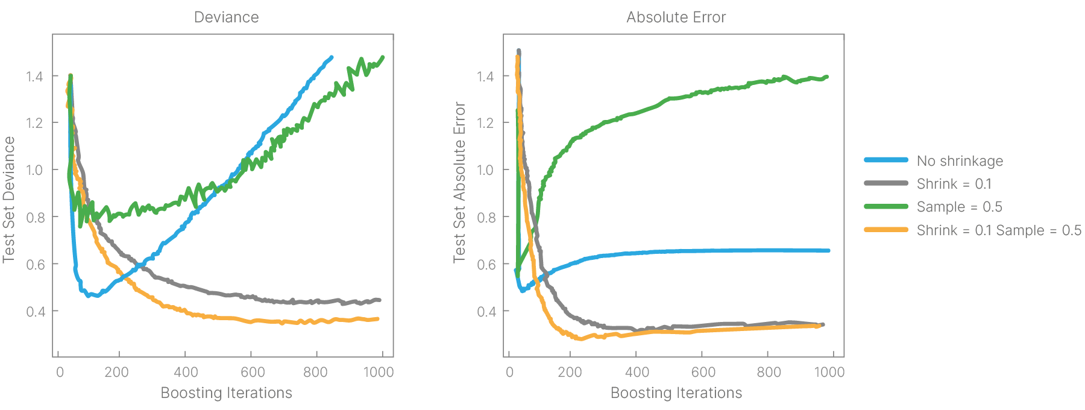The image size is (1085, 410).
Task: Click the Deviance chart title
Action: click(x=226, y=17)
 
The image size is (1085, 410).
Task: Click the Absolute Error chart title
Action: click(x=676, y=17)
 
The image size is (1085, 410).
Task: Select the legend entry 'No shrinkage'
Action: click(x=960, y=161)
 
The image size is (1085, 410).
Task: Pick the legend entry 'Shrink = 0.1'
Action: click(x=954, y=184)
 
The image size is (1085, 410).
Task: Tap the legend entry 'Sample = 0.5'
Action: click(x=959, y=207)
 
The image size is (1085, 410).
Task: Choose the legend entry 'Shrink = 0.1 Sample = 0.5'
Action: click(x=999, y=230)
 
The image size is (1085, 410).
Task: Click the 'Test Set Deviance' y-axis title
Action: click(x=9, y=200)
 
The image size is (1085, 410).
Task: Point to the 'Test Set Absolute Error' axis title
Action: click(x=460, y=182)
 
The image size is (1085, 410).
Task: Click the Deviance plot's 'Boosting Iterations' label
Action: click(x=226, y=393)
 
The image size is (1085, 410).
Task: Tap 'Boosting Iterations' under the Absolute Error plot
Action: click(x=676, y=393)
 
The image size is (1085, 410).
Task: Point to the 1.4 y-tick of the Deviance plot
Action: click(x=34, y=76)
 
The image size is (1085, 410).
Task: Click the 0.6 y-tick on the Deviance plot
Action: click(x=34, y=264)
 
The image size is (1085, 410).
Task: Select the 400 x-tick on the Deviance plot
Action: click(x=186, y=372)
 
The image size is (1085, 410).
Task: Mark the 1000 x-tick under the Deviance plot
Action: click(x=379, y=372)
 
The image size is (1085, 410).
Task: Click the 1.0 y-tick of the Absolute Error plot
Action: click(x=485, y=170)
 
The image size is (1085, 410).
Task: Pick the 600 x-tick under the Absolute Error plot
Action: click(x=703, y=372)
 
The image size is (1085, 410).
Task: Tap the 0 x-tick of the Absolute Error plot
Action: click(x=510, y=372)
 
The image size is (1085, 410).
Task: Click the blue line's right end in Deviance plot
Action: click(x=331, y=57)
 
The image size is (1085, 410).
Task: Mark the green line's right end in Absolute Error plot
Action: click(x=826, y=77)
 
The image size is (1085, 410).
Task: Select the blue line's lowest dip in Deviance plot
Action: click(x=89, y=295)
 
